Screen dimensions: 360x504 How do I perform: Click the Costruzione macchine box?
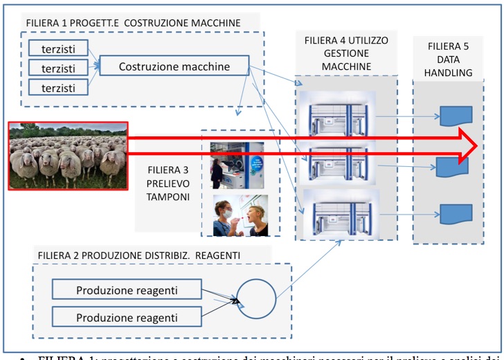[174, 66]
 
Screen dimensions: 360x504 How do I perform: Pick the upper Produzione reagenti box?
[129, 289]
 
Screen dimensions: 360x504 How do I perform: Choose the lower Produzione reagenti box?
[129, 318]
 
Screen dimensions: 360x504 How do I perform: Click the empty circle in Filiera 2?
[255, 300]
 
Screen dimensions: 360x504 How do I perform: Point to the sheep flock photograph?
[68, 155]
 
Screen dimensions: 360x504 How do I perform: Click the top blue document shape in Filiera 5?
[456, 116]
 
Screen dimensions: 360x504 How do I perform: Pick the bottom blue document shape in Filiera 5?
[456, 213]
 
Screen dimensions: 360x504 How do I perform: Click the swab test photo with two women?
[238, 214]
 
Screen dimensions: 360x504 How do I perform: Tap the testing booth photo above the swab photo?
[238, 165]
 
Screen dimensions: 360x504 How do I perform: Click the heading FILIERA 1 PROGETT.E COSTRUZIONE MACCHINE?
[133, 23]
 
